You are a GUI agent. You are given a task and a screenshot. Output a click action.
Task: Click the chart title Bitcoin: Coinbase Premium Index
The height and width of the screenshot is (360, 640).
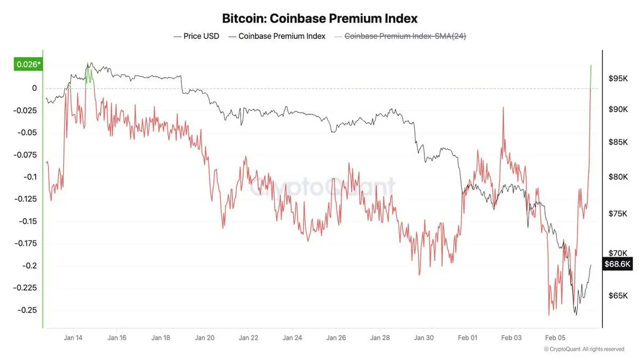click(319, 18)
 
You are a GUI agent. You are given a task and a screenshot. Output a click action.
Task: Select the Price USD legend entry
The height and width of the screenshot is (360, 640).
click(197, 36)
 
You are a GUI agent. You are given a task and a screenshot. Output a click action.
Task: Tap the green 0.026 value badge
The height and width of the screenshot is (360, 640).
click(28, 65)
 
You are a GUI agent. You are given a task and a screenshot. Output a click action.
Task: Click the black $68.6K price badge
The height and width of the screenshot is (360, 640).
click(617, 264)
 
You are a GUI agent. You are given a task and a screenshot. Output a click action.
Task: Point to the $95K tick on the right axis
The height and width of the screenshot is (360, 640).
click(618, 79)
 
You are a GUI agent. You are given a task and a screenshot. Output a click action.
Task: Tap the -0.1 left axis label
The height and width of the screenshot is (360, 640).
click(30, 177)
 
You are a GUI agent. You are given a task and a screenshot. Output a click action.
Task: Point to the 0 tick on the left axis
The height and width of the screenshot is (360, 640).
click(34, 88)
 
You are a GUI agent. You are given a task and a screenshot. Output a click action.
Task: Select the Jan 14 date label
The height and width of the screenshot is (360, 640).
click(73, 338)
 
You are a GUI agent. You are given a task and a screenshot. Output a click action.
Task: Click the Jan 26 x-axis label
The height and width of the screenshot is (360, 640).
click(335, 338)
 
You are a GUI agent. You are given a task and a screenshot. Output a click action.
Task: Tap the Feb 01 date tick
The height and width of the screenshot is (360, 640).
click(467, 338)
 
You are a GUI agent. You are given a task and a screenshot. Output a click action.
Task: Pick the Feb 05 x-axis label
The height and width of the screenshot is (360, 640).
click(555, 338)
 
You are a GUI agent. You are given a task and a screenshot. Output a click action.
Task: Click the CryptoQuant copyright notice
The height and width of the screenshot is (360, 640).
click(583, 349)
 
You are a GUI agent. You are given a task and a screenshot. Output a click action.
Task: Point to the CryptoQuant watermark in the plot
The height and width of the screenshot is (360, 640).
click(323, 187)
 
